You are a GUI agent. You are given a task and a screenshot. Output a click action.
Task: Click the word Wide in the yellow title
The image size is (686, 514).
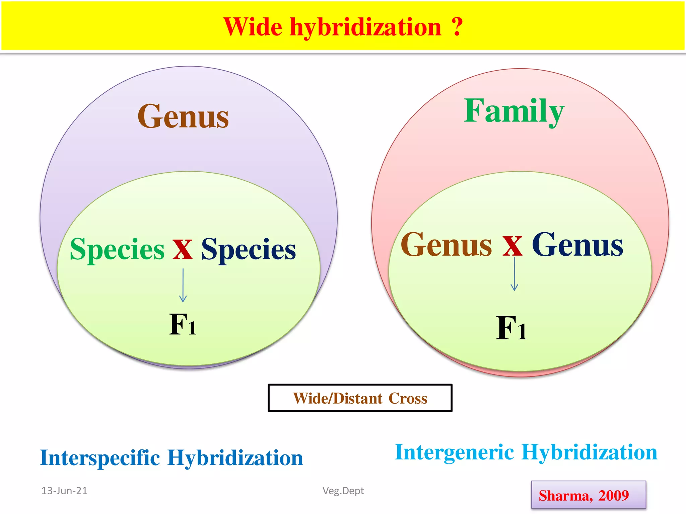(x=253, y=27)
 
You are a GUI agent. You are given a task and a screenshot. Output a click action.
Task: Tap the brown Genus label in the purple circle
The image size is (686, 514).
(x=183, y=116)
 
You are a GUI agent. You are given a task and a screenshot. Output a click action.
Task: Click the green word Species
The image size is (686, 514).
(x=117, y=249)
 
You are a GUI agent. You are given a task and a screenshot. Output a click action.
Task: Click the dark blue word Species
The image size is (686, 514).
(x=248, y=249)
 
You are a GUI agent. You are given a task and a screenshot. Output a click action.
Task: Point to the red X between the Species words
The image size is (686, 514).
(x=183, y=249)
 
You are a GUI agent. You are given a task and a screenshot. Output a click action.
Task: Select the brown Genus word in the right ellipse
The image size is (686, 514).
(x=446, y=245)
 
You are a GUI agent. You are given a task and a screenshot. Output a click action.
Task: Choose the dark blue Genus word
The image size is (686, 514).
(x=577, y=245)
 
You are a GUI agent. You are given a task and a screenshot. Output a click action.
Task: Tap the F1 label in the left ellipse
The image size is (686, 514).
(x=183, y=324)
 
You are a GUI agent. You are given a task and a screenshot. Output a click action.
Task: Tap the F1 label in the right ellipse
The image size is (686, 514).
(x=511, y=328)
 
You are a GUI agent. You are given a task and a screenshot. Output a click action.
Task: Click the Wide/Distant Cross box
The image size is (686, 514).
(x=360, y=398)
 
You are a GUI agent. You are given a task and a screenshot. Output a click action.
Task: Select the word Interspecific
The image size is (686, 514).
(x=100, y=458)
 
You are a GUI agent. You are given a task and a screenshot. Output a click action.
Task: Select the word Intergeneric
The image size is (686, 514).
(x=454, y=452)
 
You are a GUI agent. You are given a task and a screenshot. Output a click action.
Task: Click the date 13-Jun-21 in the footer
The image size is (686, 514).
(x=64, y=491)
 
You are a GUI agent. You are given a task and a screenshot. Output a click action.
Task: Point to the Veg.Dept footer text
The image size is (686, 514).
(x=343, y=491)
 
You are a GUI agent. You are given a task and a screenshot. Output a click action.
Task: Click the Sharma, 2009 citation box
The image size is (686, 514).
(x=588, y=495)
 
